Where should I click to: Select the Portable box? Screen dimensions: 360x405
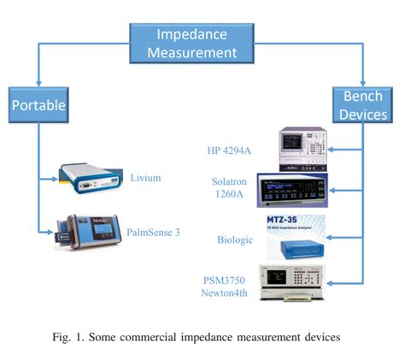tap(39, 106)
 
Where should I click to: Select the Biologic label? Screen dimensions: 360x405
tap(235, 240)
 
